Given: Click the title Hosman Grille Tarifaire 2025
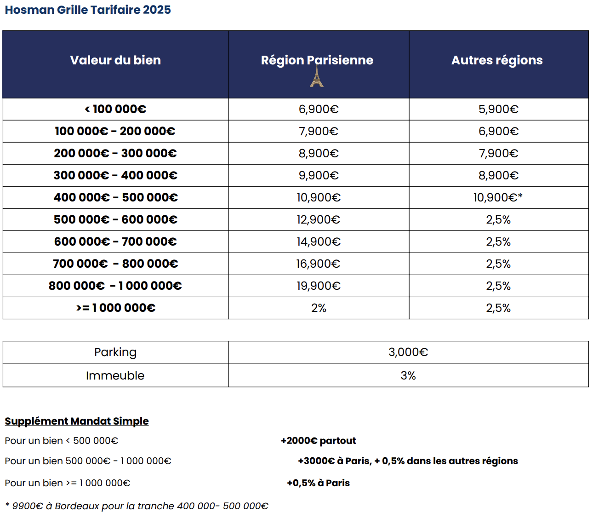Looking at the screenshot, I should coord(87,10).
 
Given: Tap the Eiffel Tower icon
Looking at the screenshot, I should coord(316,76).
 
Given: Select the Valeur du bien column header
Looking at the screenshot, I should coord(115,60).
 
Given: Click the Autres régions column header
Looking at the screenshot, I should coord(497,60).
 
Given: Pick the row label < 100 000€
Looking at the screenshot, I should coord(115,109).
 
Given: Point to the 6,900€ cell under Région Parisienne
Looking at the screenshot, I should coord(319,109).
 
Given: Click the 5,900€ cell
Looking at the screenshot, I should coord(498,109).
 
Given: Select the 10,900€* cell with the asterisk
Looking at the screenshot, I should coord(498,197).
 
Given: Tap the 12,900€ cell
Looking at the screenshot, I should coord(319,219).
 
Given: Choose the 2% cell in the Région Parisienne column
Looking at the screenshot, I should coord(319,308).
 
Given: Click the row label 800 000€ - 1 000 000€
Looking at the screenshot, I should coord(115,286).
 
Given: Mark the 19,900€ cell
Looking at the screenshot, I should coord(319,286).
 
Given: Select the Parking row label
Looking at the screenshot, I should coord(115,352).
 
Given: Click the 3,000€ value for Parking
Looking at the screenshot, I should coord(408,352).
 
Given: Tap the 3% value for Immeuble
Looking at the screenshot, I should coord(408,375).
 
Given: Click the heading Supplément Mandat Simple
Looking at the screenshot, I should coord(77,421).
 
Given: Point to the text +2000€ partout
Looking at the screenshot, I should coord(318,441).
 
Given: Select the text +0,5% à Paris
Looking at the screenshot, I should coord(318,483).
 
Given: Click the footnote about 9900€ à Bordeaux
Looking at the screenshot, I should coord(137,506).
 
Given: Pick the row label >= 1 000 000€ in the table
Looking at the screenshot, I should coord(115,308).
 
